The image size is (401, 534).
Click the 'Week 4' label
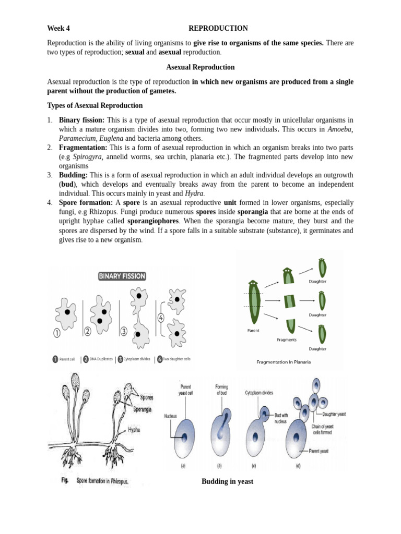point(58,28)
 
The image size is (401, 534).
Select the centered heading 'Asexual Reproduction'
point(200,67)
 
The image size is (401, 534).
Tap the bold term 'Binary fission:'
point(82,119)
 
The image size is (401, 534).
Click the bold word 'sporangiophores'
point(154,221)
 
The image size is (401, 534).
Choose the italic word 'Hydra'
point(194,193)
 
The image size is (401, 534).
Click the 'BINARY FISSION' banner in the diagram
point(122,276)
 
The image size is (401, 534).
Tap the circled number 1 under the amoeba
point(56,333)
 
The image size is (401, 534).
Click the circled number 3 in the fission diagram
point(124,331)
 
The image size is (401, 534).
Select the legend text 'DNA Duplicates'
point(101,359)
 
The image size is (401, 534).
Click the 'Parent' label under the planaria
point(253,331)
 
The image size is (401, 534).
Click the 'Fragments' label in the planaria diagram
point(287,339)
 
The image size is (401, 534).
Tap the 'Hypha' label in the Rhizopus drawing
point(133,431)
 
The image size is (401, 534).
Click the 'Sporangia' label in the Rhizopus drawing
point(142,410)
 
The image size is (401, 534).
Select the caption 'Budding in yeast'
point(227,481)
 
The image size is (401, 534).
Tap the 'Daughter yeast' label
point(334,414)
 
